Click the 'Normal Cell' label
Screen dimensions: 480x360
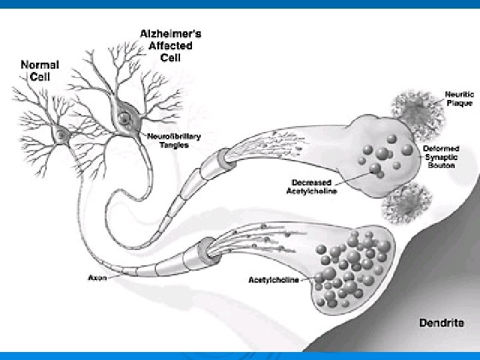[x=41, y=70]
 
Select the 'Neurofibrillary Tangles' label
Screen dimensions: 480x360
[x=175, y=140]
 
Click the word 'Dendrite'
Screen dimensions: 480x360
[x=441, y=323]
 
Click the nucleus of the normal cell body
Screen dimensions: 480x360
[x=62, y=135]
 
